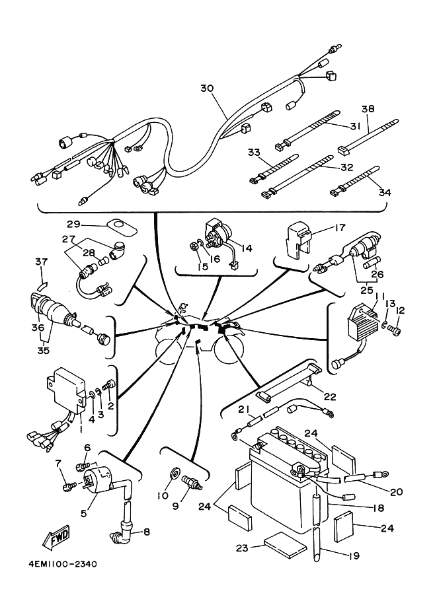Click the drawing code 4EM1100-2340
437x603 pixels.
pyautogui.click(x=63, y=564)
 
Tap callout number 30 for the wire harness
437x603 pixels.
pyautogui.click(x=207, y=89)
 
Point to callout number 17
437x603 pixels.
pyautogui.click(x=339, y=229)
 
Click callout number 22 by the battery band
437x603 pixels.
pyautogui.click(x=330, y=397)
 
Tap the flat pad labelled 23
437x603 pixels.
pyautogui.click(x=282, y=544)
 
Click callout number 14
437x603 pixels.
pyautogui.click(x=247, y=249)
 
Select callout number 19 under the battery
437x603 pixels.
pyautogui.click(x=352, y=556)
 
